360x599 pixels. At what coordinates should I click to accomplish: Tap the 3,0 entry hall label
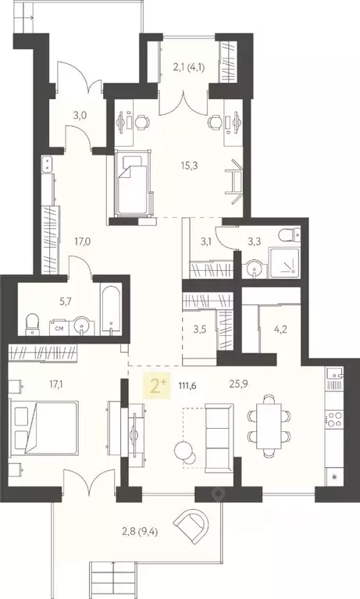80,116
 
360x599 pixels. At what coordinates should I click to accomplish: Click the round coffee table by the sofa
184,451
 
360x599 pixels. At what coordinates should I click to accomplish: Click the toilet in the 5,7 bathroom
33,323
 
